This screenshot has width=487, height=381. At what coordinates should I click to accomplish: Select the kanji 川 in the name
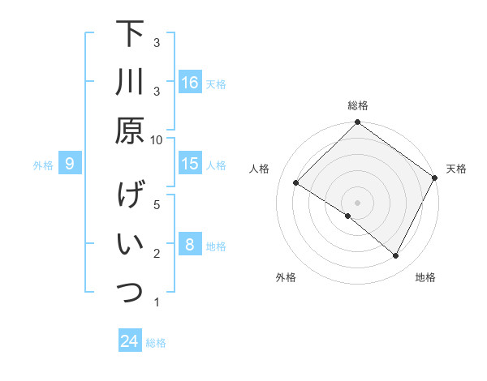click(130, 83)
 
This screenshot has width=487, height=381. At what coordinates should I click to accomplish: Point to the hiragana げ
click(130, 196)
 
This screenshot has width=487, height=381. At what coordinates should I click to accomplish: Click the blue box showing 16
click(190, 83)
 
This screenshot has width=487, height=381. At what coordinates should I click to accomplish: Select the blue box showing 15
click(190, 164)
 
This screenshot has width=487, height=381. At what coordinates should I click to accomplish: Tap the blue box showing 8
click(190, 245)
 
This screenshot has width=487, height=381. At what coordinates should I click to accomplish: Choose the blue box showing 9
click(70, 165)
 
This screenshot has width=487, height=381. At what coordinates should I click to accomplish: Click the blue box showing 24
click(130, 341)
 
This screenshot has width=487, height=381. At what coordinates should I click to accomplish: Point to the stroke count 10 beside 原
click(157, 139)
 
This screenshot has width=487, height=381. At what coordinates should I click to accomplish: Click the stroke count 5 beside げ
click(157, 204)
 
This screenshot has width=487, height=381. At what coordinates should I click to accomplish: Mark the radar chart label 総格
click(358, 105)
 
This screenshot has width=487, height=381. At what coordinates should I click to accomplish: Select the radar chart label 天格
click(456, 169)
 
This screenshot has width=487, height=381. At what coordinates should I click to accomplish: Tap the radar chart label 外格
click(286, 277)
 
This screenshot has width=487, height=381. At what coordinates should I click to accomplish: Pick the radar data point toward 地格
click(396, 256)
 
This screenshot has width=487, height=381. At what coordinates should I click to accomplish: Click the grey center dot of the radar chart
click(357, 201)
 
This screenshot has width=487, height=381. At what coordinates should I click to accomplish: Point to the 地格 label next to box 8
click(216, 246)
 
